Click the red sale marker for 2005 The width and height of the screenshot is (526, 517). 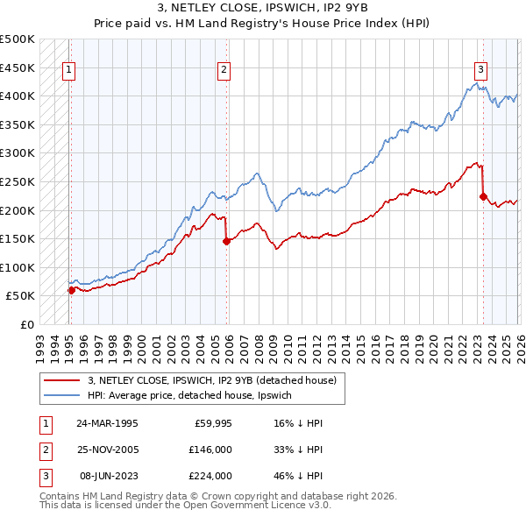[x=226, y=241]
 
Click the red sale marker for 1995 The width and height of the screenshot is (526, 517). [x=71, y=290]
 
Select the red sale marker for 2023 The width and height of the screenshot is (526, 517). [x=482, y=196]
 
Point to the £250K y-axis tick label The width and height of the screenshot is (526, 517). [x=18, y=181]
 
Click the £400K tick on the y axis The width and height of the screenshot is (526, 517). [x=18, y=96]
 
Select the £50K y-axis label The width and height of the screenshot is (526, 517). [x=21, y=296]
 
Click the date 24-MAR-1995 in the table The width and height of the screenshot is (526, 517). [x=107, y=422]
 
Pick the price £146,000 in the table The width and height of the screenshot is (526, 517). [x=210, y=450]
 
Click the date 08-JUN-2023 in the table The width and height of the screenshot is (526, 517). [x=107, y=476]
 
